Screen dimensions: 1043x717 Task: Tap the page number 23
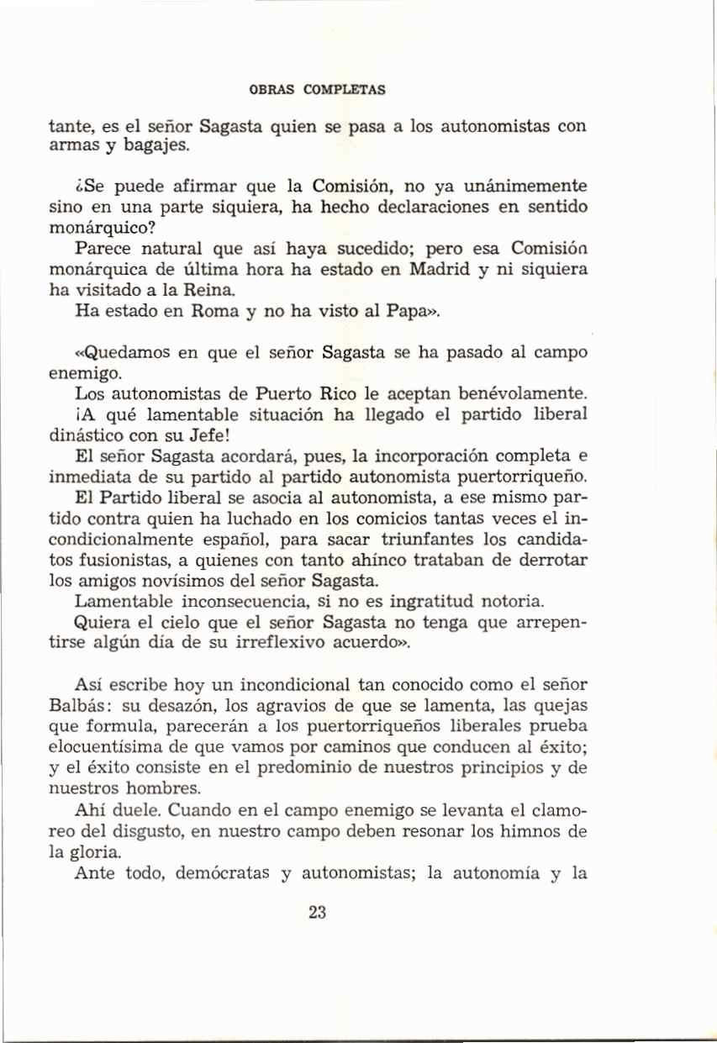pos(317,914)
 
